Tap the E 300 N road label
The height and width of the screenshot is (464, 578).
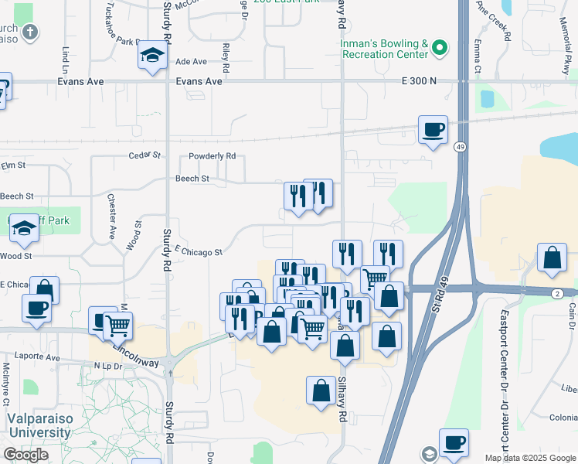[x=418, y=81]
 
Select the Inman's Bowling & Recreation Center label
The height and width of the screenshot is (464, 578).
[x=384, y=49]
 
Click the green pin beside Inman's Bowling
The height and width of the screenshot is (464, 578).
[x=440, y=49]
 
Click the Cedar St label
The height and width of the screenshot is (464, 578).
[x=144, y=155]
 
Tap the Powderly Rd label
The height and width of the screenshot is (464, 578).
[x=212, y=155]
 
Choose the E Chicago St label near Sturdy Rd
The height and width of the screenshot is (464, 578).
[x=199, y=251]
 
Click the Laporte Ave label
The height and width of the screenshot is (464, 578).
[x=42, y=358]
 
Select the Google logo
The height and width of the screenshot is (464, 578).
[x=25, y=455]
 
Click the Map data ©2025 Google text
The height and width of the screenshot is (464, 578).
[x=529, y=458]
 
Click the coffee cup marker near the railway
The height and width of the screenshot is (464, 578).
[x=433, y=129]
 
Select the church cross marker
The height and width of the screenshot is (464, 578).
[x=29, y=32]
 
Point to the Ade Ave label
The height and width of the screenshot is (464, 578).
[x=192, y=61]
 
